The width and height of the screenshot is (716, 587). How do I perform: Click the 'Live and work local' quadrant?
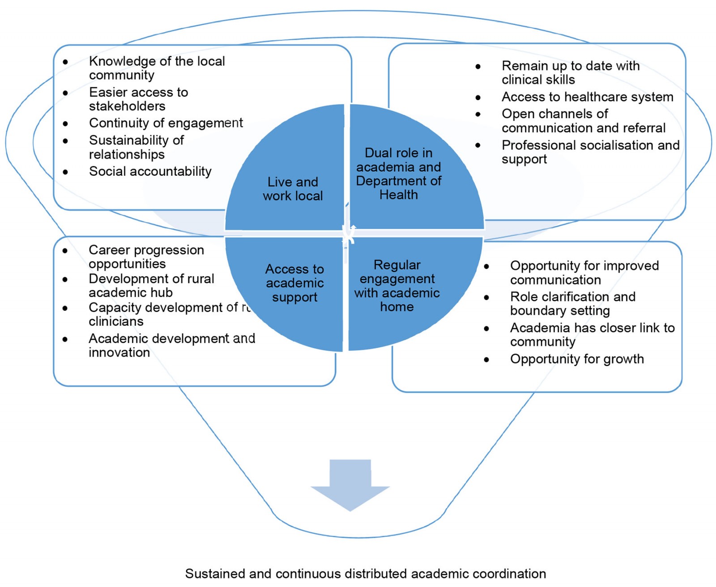tap(293, 189)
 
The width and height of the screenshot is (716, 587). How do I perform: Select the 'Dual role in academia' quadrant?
tap(398, 173)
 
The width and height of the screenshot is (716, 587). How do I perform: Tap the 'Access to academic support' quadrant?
tap(294, 283)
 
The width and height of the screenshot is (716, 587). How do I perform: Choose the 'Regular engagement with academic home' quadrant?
tap(397, 286)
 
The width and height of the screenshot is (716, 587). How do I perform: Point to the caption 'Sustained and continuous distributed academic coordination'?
tap(365, 574)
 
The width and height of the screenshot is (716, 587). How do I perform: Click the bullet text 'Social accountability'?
tap(150, 171)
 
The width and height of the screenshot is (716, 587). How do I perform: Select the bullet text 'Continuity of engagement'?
tap(166, 123)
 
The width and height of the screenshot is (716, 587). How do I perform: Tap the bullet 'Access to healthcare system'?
tap(587, 97)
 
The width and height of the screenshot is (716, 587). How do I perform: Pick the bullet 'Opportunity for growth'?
tap(577, 359)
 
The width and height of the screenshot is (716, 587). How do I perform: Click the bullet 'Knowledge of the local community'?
tap(157, 68)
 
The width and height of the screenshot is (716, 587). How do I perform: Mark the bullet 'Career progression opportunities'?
tap(146, 257)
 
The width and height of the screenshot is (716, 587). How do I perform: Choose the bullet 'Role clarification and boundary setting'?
tap(572, 304)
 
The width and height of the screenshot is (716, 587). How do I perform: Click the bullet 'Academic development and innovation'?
tap(171, 345)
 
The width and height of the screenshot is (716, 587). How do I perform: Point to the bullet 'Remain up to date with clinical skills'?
tap(570, 72)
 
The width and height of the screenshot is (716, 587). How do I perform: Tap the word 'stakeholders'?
tap(127, 106)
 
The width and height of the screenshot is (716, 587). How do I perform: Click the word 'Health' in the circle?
tap(398, 195)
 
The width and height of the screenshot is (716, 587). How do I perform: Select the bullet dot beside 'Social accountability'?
tap(66, 172)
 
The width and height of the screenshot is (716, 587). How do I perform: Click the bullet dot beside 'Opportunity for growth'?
tap(486, 360)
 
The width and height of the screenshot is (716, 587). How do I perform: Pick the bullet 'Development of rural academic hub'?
tap(151, 285)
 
